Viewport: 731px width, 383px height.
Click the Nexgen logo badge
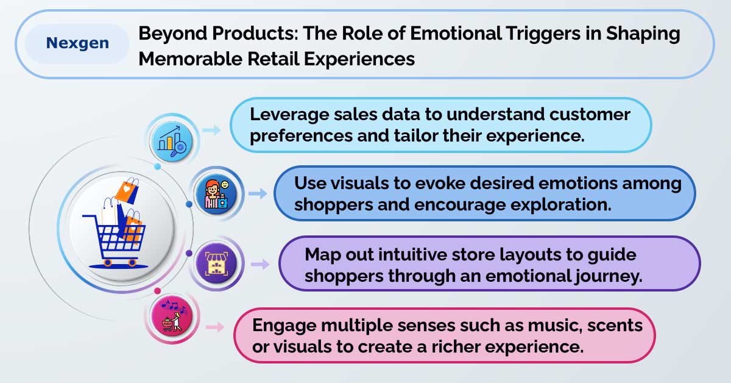pos(78,43)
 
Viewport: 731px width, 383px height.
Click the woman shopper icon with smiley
pos(216,195)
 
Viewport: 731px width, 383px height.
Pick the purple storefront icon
pos(216,263)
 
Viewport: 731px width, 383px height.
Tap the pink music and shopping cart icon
pos(172,316)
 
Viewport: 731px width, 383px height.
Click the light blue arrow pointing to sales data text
pos(211,130)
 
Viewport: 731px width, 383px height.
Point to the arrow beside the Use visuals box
pos(258,193)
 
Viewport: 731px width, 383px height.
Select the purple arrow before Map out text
pos(260,264)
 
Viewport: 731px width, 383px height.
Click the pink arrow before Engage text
pos(215,327)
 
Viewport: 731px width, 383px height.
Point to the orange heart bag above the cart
pos(127,191)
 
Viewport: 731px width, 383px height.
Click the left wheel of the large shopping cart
pos(107,262)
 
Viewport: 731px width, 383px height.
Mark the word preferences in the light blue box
pos(301,136)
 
